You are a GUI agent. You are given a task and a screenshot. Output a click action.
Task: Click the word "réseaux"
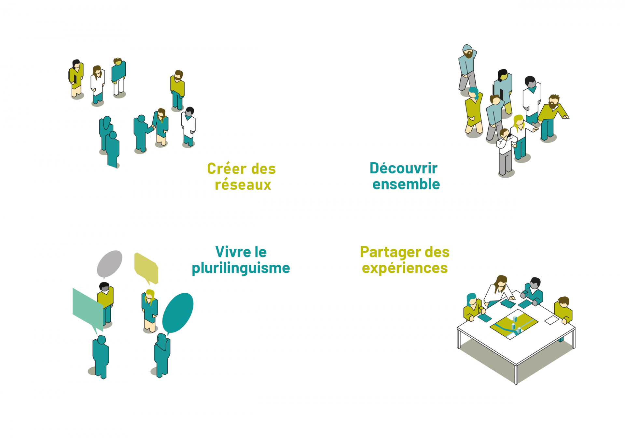click(x=243, y=185)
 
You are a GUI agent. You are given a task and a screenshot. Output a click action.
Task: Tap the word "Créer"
click(x=227, y=169)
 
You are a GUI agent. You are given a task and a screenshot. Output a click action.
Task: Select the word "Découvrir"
click(x=404, y=168)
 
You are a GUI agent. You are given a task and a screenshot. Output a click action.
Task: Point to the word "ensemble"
click(x=406, y=184)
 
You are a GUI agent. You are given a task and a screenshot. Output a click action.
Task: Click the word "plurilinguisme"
click(x=241, y=269)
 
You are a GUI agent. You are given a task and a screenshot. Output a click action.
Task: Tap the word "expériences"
click(x=405, y=268)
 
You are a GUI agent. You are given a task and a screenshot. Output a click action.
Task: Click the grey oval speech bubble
click(x=109, y=264)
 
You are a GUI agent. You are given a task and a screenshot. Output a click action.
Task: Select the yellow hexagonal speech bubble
click(x=146, y=268)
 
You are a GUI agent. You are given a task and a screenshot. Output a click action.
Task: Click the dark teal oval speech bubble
click(x=177, y=313)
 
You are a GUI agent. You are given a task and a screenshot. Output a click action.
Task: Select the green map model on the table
click(x=514, y=325)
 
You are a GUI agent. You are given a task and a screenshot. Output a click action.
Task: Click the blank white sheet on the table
click(x=551, y=320)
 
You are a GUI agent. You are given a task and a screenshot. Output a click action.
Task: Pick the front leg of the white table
click(x=516, y=375)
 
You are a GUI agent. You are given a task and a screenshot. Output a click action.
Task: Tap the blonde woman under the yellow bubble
click(x=150, y=310)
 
